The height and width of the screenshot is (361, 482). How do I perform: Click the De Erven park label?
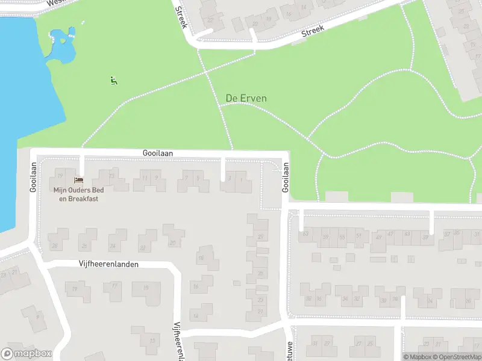[x=246, y=98]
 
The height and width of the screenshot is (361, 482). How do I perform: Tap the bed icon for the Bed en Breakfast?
[x=78, y=180]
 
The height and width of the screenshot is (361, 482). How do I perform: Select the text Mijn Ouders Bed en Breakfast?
[x=75, y=194]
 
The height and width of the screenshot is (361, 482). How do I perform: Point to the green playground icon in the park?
[x=113, y=80]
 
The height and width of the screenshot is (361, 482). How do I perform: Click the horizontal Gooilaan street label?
[x=158, y=153]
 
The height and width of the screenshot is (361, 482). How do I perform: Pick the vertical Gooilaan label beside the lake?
[x=33, y=179]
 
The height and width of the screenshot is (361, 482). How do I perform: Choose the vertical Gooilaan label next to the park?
[x=286, y=179]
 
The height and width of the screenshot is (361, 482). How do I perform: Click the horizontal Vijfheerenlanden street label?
[x=108, y=264]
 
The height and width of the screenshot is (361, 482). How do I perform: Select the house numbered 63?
[x=305, y=235]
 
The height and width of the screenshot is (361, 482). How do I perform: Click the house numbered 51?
[x=359, y=235]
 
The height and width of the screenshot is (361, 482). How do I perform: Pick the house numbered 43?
[x=407, y=234]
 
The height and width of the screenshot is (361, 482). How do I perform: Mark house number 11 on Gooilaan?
[x=144, y=178]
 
